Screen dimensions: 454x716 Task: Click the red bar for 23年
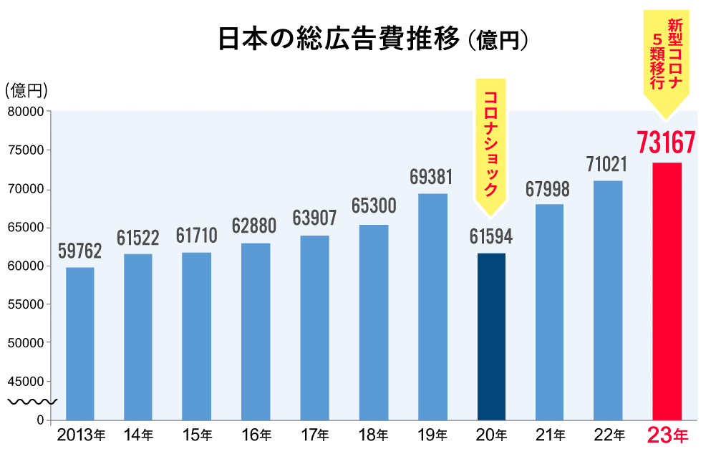667,291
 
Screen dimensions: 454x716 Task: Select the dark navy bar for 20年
490,337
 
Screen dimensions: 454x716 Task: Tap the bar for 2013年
79,344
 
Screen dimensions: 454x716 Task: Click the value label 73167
666,143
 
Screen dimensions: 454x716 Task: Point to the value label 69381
432,176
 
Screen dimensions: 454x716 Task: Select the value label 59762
79,251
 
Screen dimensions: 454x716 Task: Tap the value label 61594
490,236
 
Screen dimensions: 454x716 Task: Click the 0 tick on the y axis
40,420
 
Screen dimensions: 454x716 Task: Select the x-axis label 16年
256,435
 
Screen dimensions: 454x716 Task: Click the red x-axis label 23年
667,435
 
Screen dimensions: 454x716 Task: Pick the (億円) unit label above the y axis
26,90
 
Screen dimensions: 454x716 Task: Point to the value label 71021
607,165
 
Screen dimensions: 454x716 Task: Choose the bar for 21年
549,311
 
